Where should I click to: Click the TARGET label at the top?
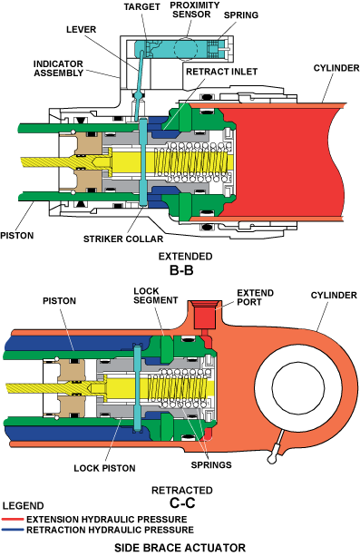141,7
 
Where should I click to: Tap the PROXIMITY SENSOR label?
195,10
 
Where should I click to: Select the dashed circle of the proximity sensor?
185,49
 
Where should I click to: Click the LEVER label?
81,29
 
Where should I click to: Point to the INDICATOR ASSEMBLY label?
59,68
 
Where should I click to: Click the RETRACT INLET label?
221,72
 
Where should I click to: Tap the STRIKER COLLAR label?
123,239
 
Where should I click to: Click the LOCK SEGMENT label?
155,296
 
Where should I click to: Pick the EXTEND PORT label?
256,298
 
